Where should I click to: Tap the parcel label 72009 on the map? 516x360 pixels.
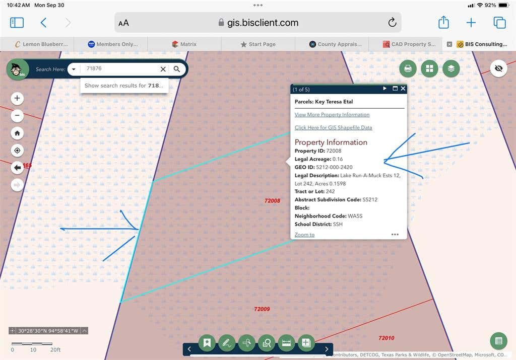click(262, 309)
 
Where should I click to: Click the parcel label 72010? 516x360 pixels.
click(386, 338)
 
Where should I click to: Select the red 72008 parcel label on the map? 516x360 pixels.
click(272, 201)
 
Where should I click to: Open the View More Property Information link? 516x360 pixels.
click(332, 115)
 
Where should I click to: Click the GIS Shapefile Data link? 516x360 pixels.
click(334, 127)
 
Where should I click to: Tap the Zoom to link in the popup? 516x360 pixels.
click(304, 235)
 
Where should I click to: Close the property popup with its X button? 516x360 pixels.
click(403, 89)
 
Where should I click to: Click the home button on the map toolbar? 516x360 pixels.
click(17, 133)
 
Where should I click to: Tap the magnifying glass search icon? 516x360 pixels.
click(177, 69)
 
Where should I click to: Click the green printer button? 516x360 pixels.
click(408, 68)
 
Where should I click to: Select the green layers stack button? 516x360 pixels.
click(451, 68)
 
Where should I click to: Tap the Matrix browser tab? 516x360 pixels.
click(184, 44)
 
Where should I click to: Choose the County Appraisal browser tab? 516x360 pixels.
click(335, 44)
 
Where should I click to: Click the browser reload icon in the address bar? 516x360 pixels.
click(392, 22)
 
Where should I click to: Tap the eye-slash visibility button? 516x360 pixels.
click(498, 68)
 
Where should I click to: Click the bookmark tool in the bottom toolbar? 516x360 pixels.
click(207, 343)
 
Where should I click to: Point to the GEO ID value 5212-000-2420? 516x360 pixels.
click(335, 167)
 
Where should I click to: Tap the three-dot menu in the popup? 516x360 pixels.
click(395, 235)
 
